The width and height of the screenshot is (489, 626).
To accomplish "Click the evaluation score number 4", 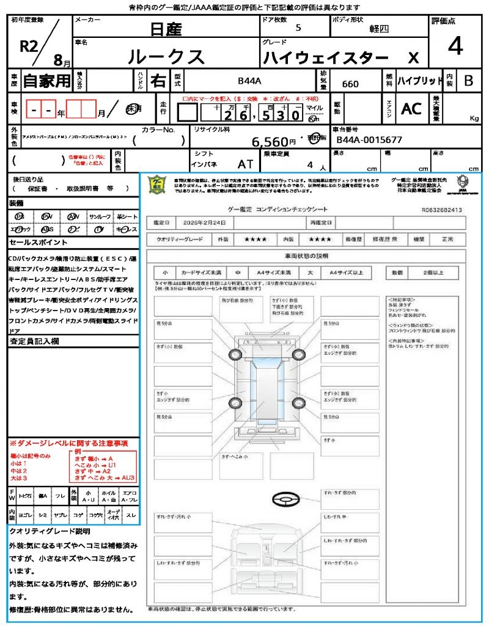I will (x=455, y=46).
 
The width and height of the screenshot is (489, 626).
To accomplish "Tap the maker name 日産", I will (x=166, y=28).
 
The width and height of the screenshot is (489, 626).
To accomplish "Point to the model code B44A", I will (x=249, y=81).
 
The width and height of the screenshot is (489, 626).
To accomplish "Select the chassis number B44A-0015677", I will (x=369, y=140).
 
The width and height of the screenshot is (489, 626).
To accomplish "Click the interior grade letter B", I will (x=468, y=81).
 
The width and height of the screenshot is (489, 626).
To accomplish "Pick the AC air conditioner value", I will (x=411, y=109).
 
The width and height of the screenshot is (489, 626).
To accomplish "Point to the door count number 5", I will (x=298, y=28).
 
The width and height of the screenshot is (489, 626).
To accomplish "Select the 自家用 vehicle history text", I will (x=47, y=81).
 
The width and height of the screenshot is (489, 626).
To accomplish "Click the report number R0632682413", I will (x=441, y=210).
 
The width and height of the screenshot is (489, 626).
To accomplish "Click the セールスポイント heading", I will (x=34, y=243).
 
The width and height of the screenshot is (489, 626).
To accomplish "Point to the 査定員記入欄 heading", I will (x=34, y=342).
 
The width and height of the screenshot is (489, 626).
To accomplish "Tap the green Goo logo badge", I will (x=158, y=185).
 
